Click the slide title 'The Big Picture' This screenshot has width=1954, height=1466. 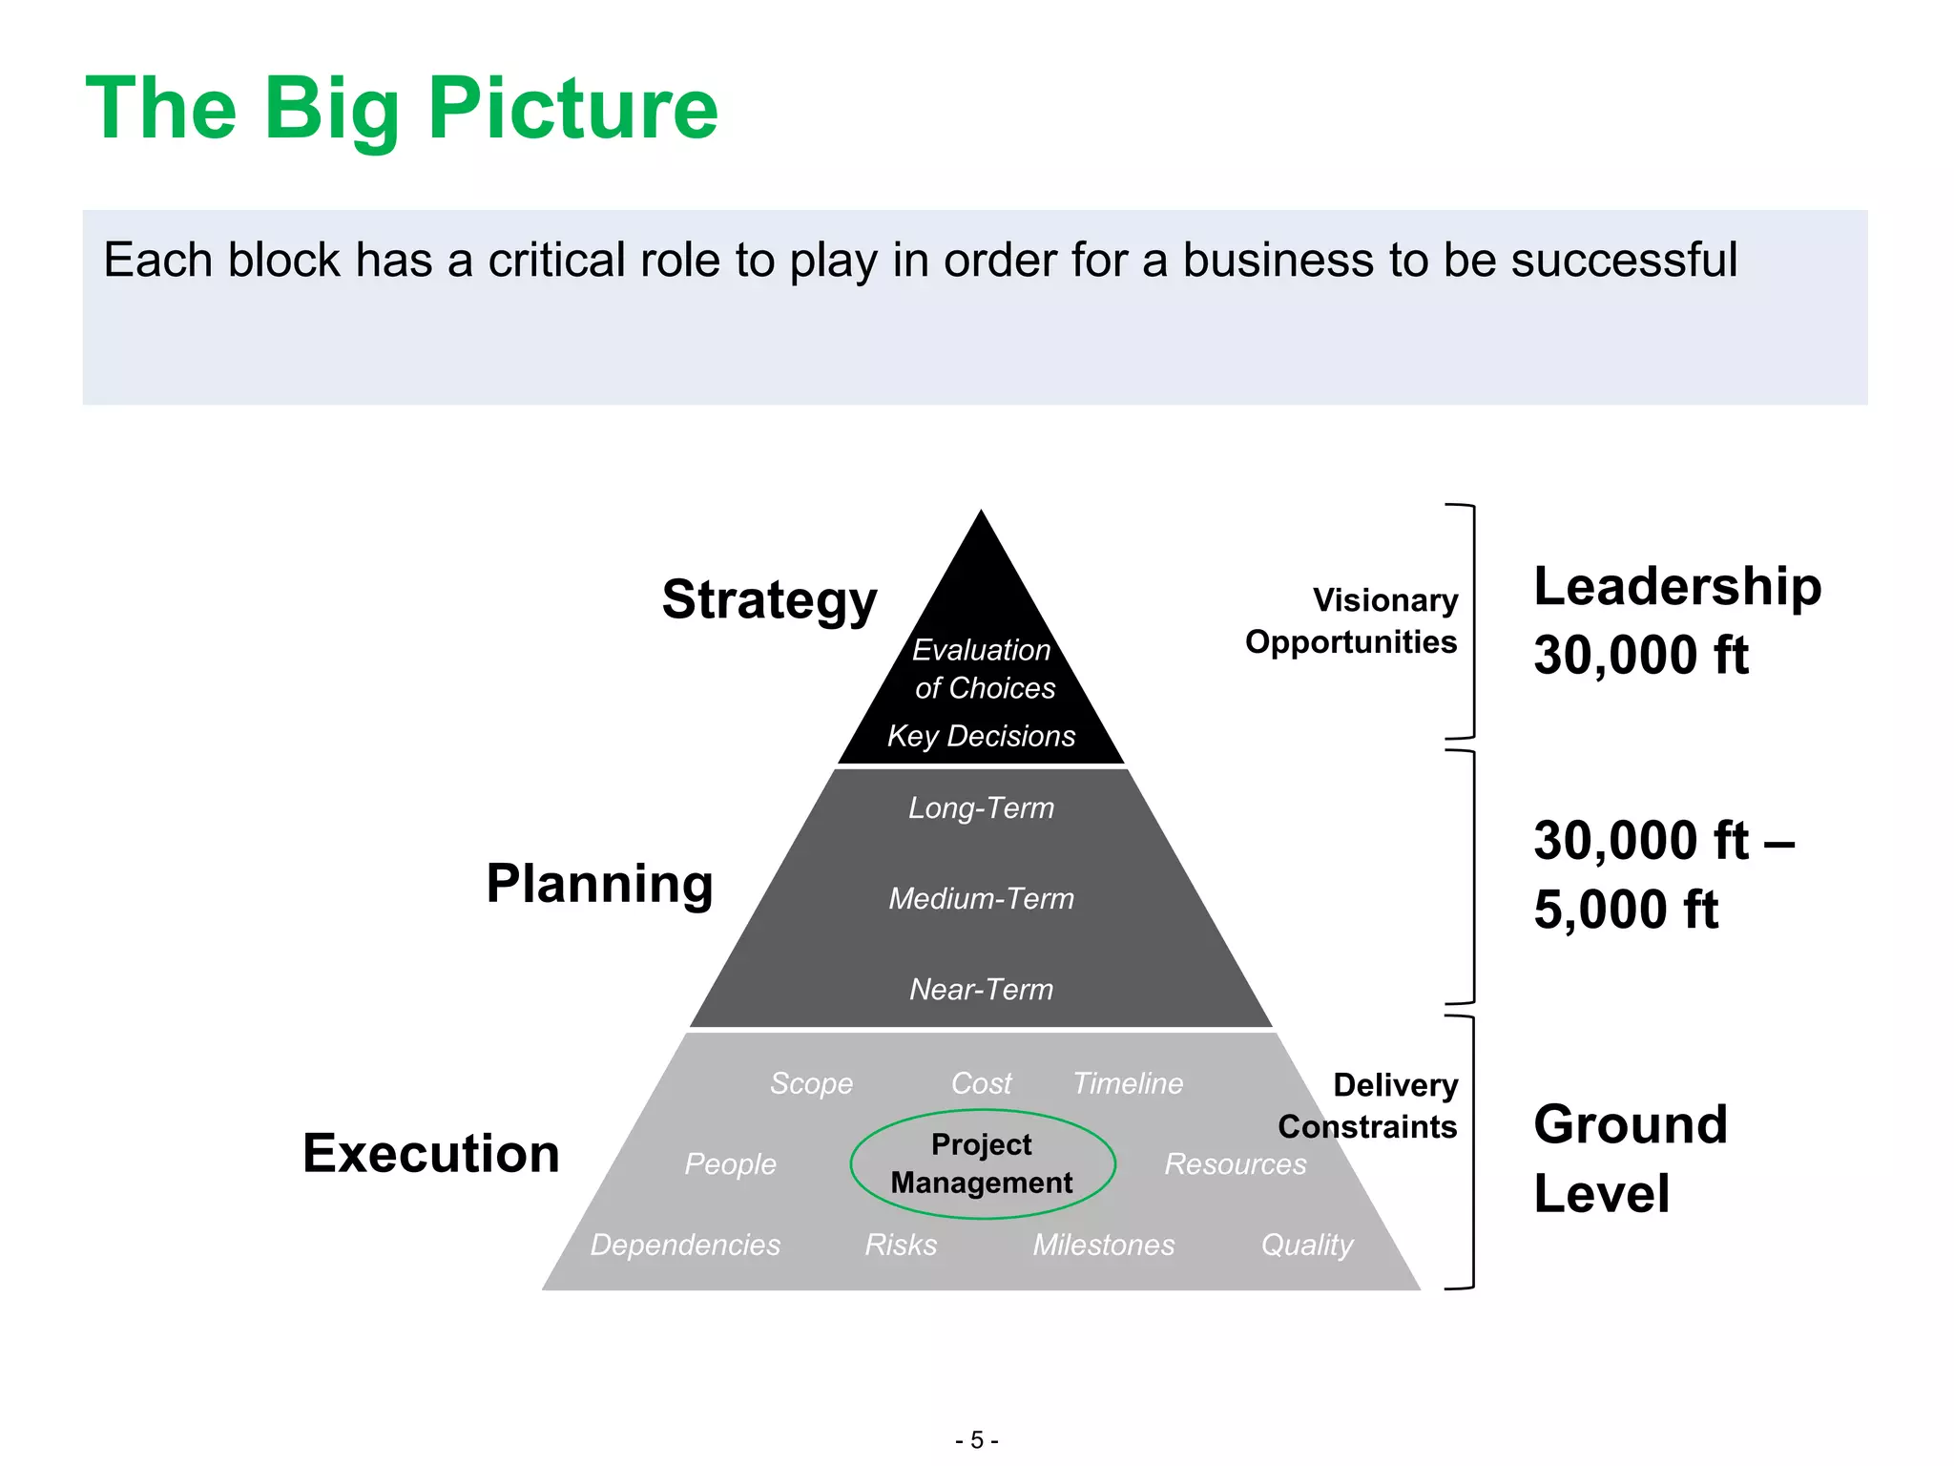(401, 109)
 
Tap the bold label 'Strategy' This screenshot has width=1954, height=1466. (769, 599)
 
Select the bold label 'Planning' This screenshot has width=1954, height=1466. (599, 883)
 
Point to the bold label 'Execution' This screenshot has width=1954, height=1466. (431, 1153)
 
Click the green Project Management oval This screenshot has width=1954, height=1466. (982, 1163)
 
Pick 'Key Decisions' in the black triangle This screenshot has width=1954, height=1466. (981, 736)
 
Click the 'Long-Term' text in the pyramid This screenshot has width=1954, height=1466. (981, 808)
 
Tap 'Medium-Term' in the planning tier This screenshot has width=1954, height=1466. (981, 898)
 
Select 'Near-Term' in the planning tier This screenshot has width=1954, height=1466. (981, 989)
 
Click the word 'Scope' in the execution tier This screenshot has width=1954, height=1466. (811, 1083)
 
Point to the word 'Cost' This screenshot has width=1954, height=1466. (981, 1083)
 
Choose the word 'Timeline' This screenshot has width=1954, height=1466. (1128, 1083)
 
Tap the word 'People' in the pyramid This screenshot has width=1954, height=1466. (730, 1163)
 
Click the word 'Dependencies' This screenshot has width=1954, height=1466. (685, 1245)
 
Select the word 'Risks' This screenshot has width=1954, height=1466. (901, 1245)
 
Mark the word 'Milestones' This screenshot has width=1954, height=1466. (1104, 1245)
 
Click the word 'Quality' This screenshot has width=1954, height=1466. (1307, 1245)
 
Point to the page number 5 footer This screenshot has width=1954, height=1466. (976, 1439)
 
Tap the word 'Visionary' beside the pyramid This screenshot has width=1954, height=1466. (1385, 600)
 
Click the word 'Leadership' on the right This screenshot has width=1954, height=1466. (1677, 586)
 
